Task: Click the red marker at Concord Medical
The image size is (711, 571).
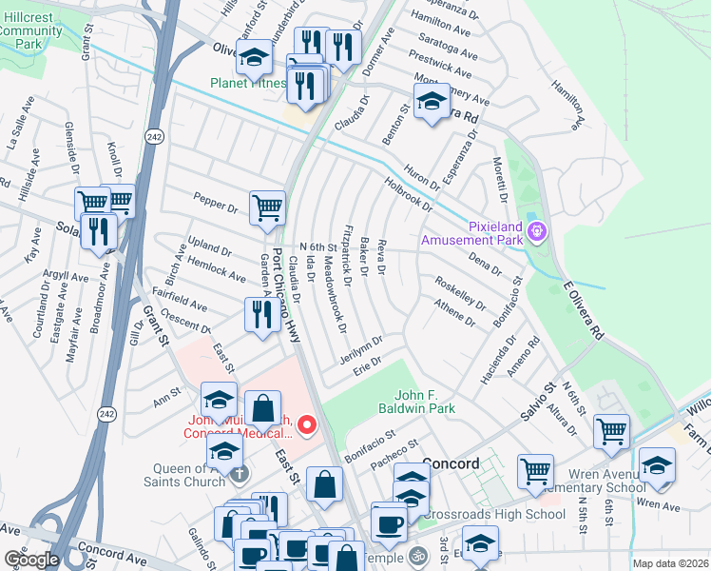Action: pos(306,425)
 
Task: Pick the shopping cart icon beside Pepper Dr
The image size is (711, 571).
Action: pos(267,207)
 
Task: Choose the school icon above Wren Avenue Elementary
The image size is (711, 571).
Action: pos(657,463)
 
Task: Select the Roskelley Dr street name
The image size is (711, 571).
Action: pos(459,293)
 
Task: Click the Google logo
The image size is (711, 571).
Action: pos(30,560)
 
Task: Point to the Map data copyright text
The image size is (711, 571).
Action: pos(670,563)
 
